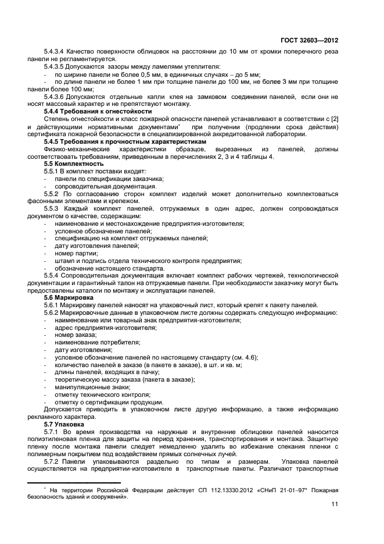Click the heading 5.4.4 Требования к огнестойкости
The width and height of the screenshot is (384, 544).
(98, 111)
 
